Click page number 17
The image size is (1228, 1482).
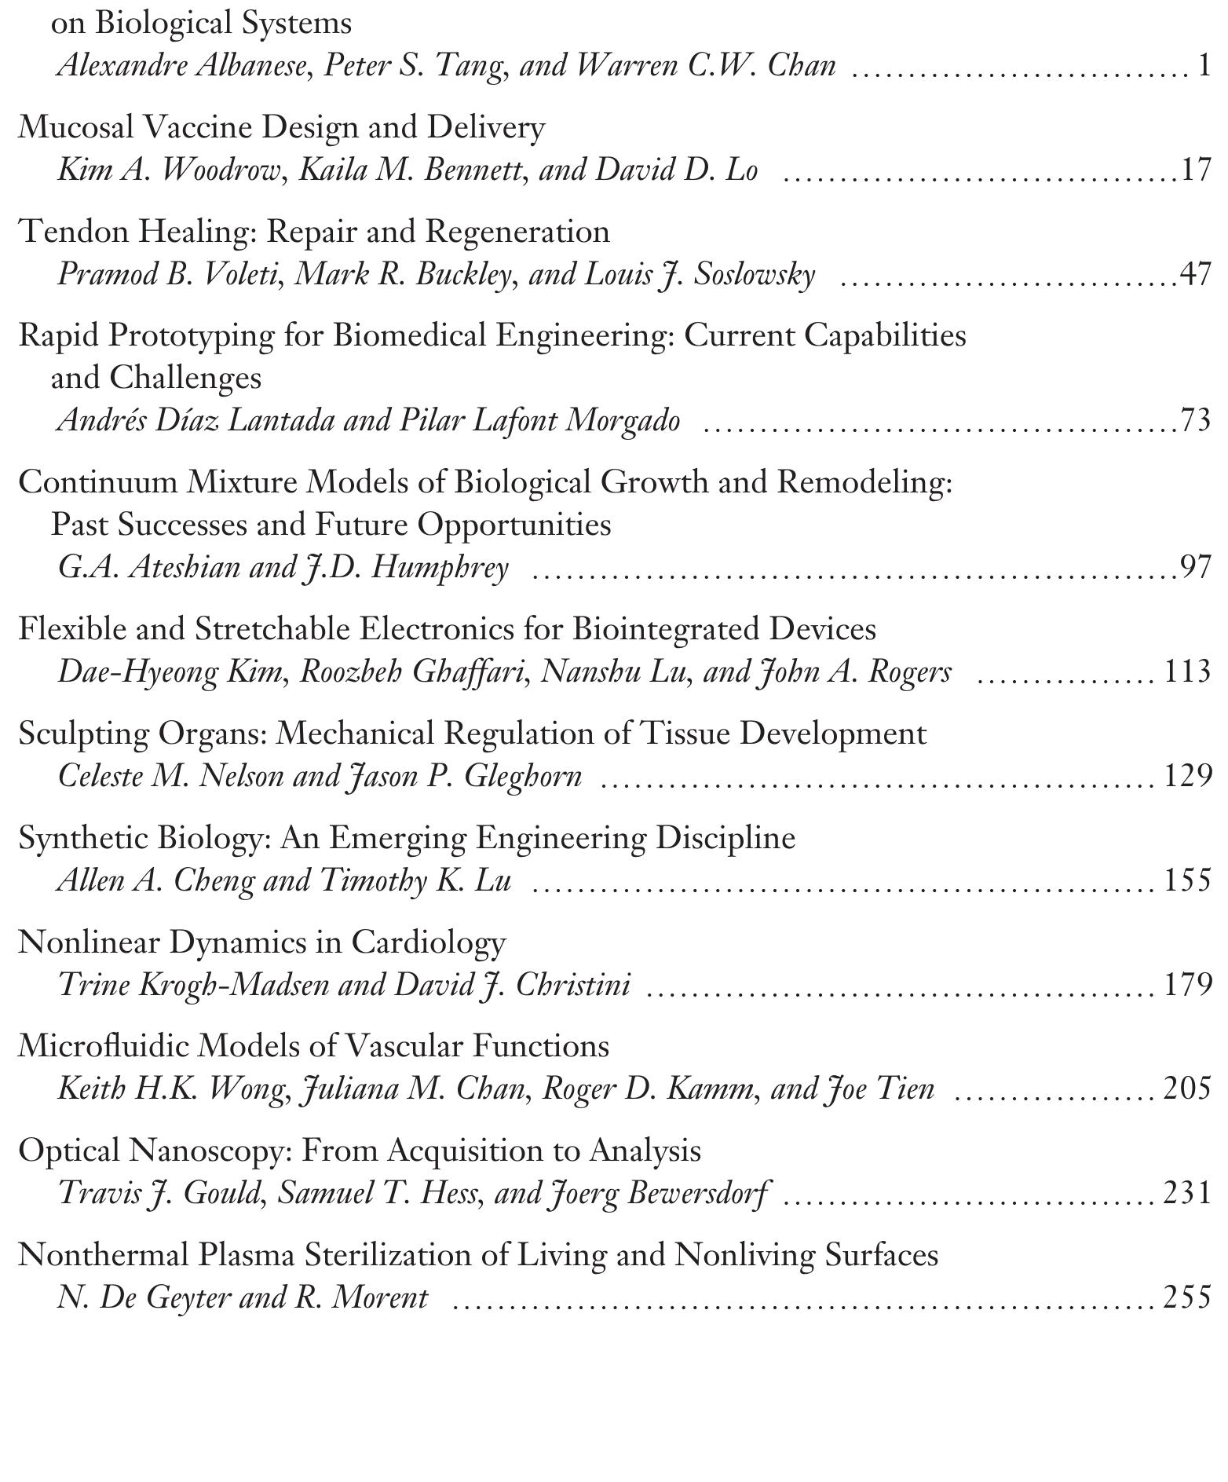(1196, 170)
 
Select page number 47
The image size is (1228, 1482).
(1196, 275)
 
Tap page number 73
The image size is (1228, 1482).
(1196, 421)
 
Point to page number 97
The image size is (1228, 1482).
(1196, 567)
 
